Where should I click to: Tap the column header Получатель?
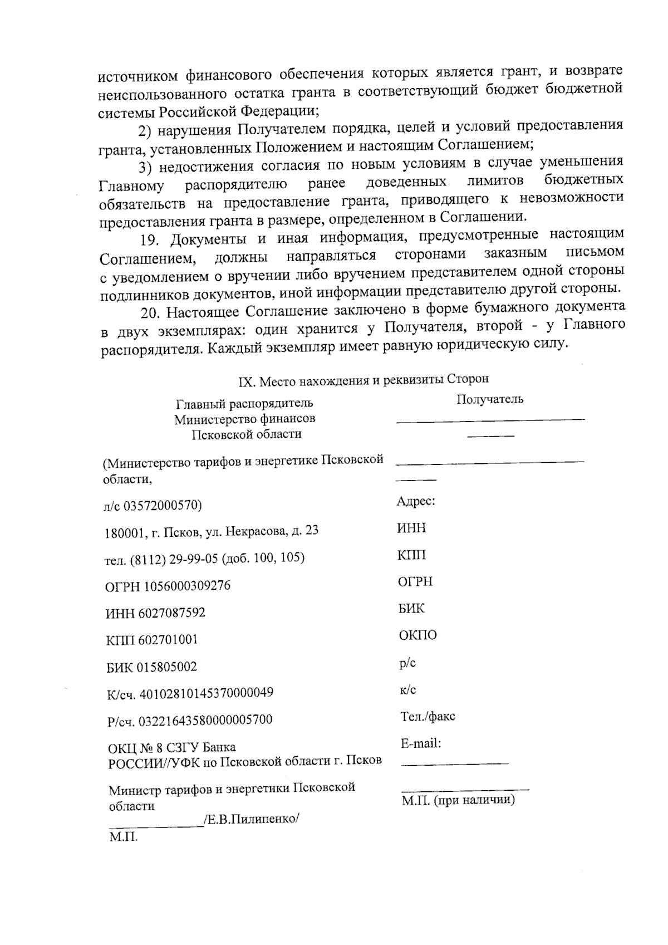[x=489, y=399]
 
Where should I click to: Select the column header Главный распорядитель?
[x=244, y=403]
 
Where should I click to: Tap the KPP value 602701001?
[x=168, y=640]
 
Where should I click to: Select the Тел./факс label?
[x=427, y=717]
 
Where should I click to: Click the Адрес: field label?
[x=415, y=501]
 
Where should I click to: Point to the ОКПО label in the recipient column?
[x=417, y=635]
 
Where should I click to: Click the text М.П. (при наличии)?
[x=458, y=801]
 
